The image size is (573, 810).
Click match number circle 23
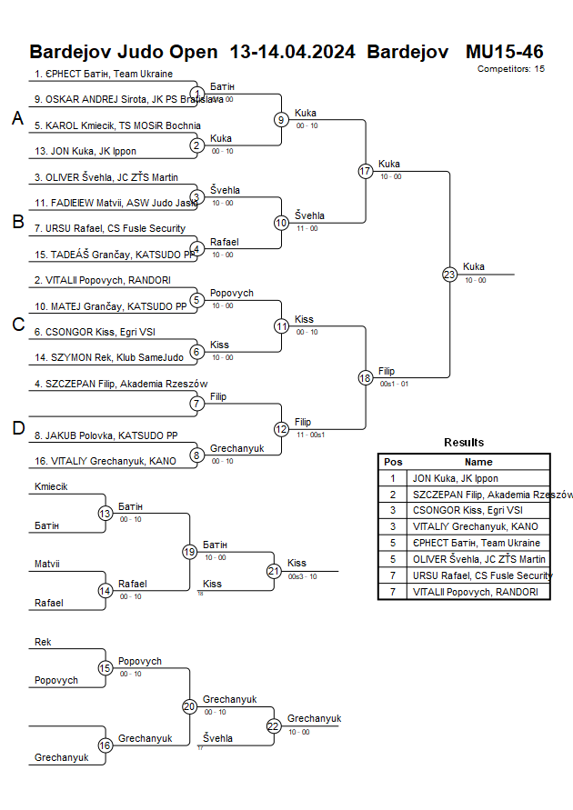tap(449, 274)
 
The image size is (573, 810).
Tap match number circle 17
tap(366, 171)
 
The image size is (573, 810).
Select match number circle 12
tap(282, 429)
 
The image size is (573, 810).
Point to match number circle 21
tap(274, 571)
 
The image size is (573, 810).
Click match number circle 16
tap(106, 745)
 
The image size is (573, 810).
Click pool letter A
tap(17, 118)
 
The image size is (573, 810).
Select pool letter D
tap(17, 429)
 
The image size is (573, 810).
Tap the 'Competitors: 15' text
tap(510, 68)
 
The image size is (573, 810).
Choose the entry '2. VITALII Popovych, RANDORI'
tap(103, 280)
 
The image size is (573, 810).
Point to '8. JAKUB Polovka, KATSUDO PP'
tap(106, 435)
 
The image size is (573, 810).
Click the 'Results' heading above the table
tap(464, 443)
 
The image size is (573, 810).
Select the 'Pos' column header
tap(393, 462)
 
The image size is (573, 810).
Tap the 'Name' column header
tap(478, 462)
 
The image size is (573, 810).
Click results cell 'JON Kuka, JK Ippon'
tap(455, 478)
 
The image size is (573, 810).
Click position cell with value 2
tap(393, 495)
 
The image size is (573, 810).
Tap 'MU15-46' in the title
tap(504, 51)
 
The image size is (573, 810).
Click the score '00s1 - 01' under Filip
tap(394, 384)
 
